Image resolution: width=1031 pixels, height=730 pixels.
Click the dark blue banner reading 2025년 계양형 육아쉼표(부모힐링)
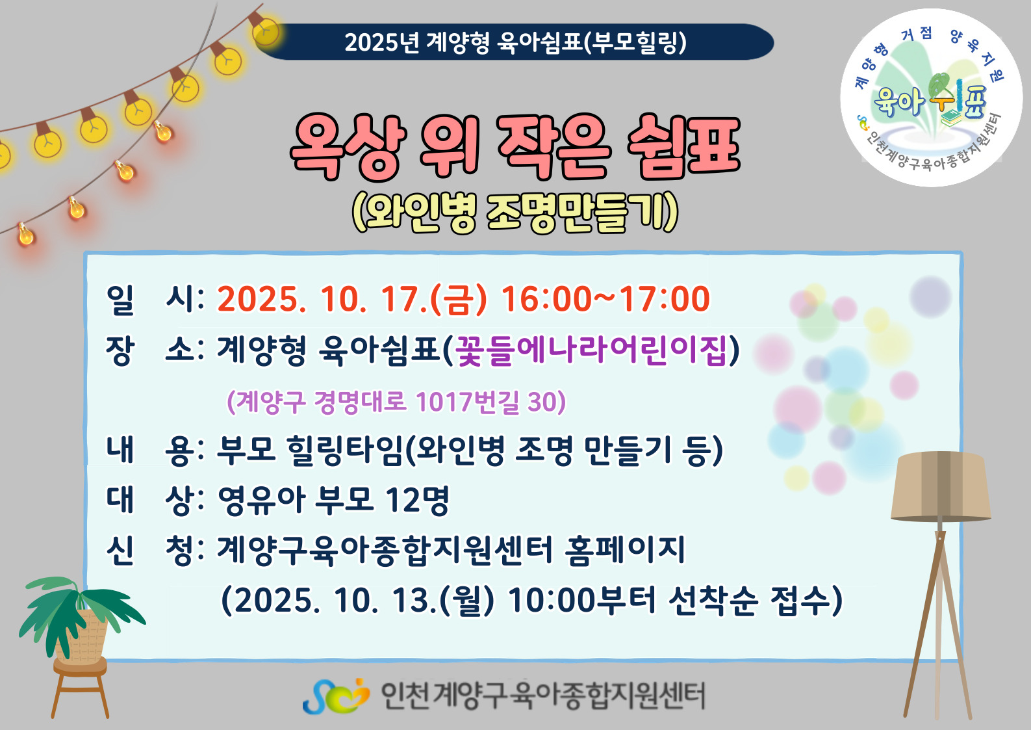click(516, 42)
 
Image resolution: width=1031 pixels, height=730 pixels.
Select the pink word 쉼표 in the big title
click(683, 146)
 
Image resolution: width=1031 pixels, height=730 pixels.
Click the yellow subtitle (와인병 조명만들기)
click(515, 213)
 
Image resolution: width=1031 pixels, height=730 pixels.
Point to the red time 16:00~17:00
click(605, 299)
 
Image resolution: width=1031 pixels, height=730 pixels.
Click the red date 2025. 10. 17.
click(323, 300)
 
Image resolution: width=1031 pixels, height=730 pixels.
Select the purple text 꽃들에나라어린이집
click(591, 350)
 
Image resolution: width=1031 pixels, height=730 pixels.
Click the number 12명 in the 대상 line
click(417, 500)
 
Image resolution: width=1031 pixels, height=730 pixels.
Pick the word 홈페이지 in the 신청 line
click(625, 550)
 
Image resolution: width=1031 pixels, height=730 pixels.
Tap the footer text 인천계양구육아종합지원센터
click(543, 696)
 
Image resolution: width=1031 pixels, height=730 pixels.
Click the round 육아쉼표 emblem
click(931, 98)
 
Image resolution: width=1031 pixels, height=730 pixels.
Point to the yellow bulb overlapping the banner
click(266, 31)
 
